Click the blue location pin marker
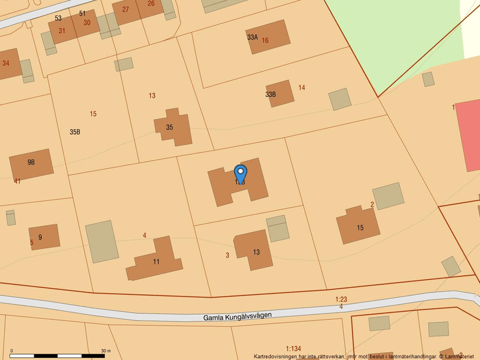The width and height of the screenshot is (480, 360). click(x=240, y=173)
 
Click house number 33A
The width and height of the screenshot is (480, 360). click(x=253, y=37)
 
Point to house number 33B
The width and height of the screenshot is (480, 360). click(x=271, y=94)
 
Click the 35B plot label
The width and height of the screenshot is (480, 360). click(x=75, y=132)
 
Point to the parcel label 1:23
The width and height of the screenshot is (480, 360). click(x=341, y=300)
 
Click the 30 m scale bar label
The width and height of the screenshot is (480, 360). click(x=105, y=351)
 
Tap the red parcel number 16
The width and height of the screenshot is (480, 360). click(x=265, y=41)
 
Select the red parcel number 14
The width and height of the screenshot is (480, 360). click(x=301, y=88)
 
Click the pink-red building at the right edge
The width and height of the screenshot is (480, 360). click(x=469, y=135)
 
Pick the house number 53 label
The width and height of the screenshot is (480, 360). click(x=58, y=19)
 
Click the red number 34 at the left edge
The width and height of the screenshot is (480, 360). click(x=6, y=63)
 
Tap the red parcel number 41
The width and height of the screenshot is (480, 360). click(x=17, y=181)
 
